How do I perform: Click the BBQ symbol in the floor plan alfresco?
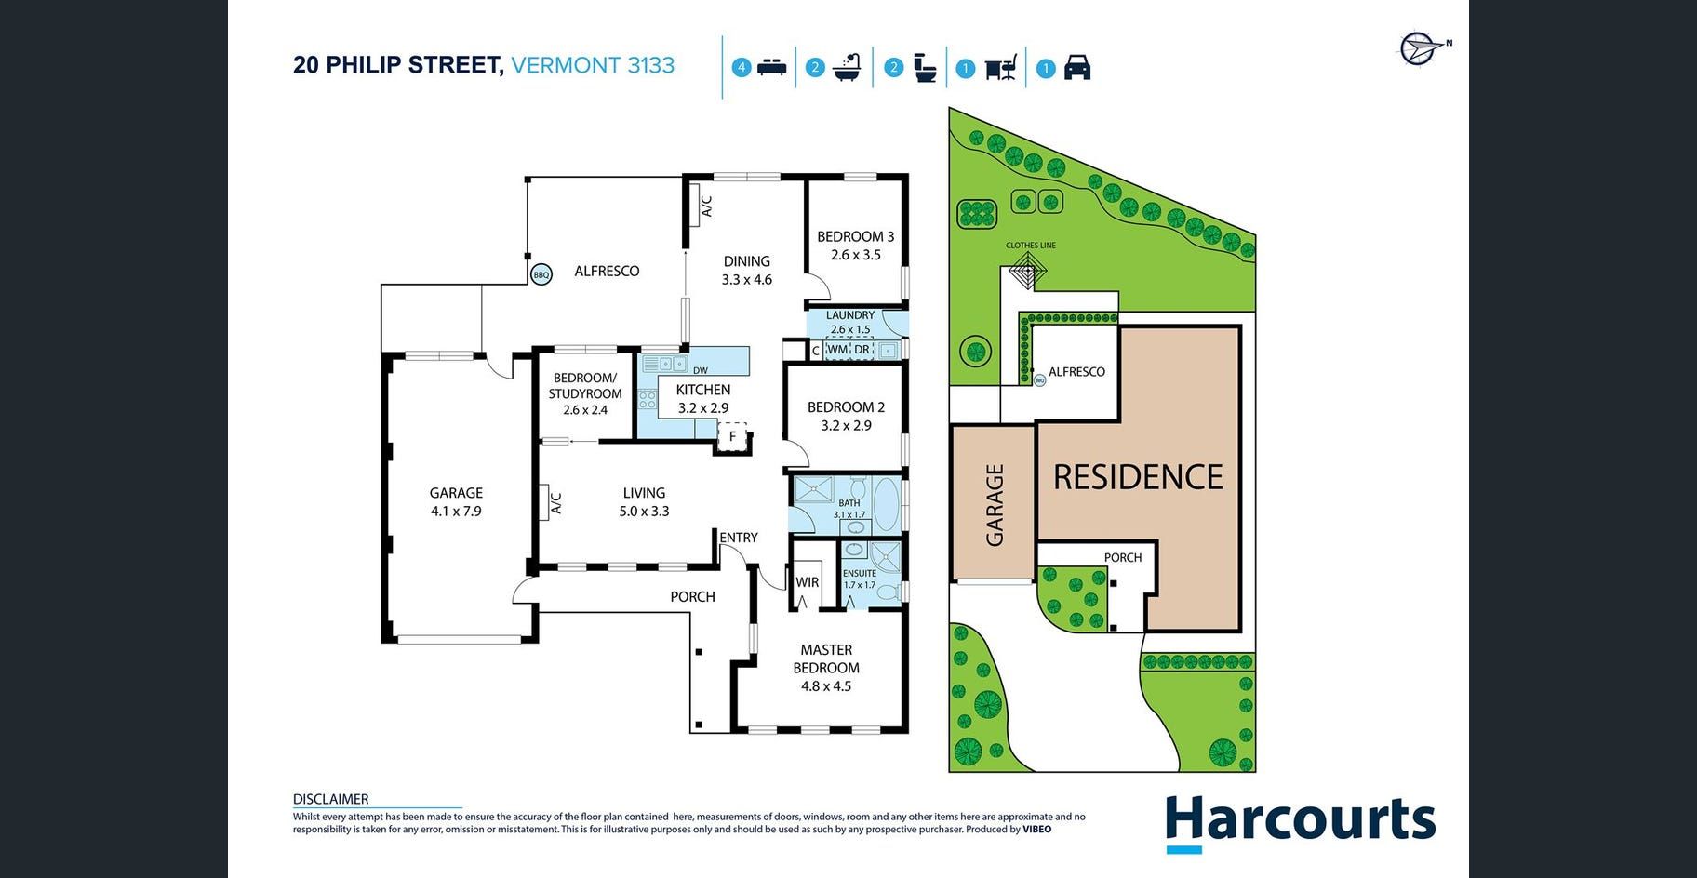pos(541,274)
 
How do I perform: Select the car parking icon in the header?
pos(1076,68)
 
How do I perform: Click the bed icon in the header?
pos(772,67)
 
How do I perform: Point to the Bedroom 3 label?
pos(856,236)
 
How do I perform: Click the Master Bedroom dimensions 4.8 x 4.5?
pos(826,686)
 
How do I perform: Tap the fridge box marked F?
pos(732,435)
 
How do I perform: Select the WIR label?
pos(808,582)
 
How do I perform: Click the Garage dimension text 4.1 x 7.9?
pos(456,511)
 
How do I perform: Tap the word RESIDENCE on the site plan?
pos(1138,477)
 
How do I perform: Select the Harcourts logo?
pos(1301,822)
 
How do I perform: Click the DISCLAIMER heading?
pos(330,799)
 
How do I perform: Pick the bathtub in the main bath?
pos(886,504)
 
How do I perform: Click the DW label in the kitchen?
pos(700,370)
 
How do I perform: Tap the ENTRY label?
pos(739,538)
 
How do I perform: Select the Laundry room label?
pos(850,315)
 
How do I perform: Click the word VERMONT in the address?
pos(567,65)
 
